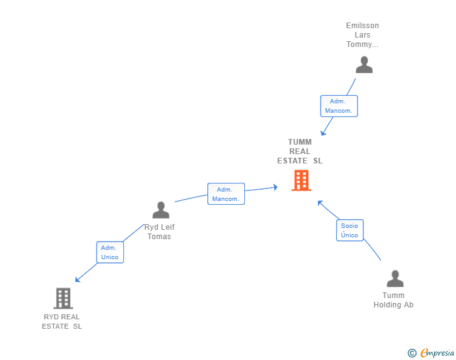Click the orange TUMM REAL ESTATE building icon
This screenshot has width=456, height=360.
coord(301,180)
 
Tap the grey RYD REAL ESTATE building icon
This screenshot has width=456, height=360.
coord(63,299)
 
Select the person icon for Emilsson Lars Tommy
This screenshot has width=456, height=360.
coord(364,64)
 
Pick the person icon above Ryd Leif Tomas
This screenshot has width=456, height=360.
coord(161,210)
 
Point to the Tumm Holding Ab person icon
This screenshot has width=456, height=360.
coord(395,279)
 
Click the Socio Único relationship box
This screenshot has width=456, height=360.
coord(350,230)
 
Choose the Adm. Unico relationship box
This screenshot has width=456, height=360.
coord(110,252)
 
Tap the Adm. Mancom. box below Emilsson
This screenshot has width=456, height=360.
coord(339,106)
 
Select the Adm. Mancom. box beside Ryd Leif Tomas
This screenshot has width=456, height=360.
coord(225,194)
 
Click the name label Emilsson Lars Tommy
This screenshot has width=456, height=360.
coord(363,35)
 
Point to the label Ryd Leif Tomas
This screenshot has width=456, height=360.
coord(159,232)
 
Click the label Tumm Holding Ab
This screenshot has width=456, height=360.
coord(393,300)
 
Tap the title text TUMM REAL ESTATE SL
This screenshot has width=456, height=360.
coord(300,152)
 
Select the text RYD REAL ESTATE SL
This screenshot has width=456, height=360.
coord(62,321)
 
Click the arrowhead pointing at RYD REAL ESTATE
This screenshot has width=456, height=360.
coord(77,280)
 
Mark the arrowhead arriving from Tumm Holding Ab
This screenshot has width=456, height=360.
coord(319,202)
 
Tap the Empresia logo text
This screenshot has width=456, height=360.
coord(437,354)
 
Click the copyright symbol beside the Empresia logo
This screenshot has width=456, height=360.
coord(412,354)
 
